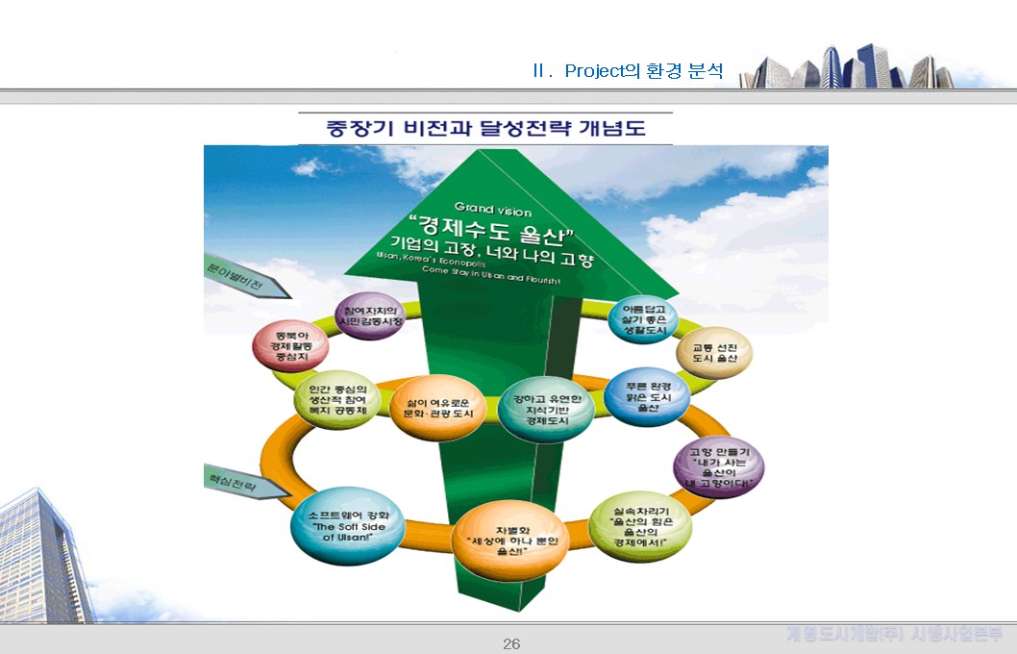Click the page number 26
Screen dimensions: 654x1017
[x=511, y=643]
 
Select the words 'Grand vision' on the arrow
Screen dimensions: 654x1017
[x=492, y=209]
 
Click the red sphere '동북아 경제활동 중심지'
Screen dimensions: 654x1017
[x=284, y=347]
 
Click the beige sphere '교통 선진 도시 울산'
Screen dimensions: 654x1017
[x=713, y=357]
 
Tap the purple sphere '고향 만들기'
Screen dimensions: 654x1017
[x=719, y=467]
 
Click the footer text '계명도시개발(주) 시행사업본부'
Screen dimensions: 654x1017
[x=894, y=634]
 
